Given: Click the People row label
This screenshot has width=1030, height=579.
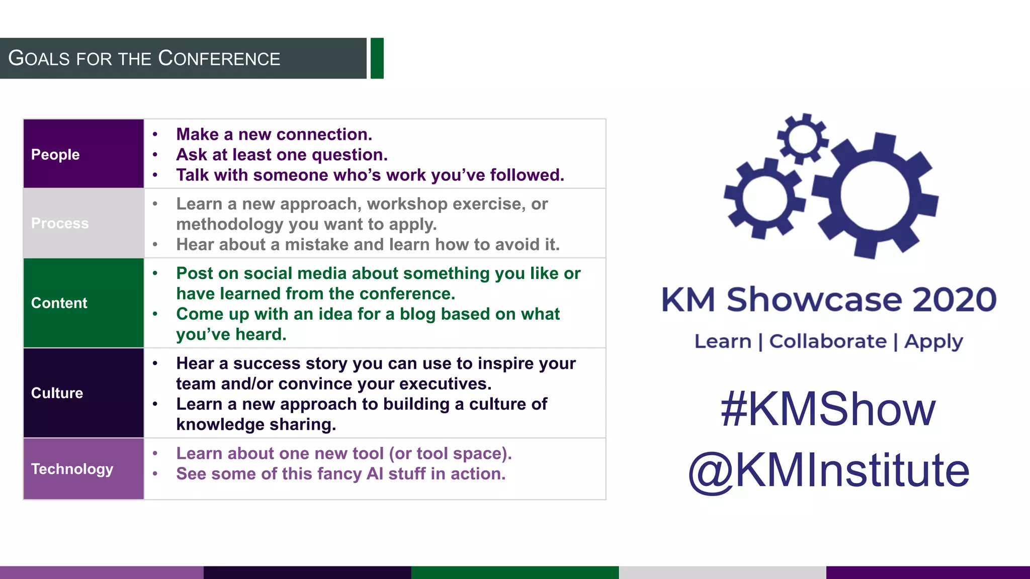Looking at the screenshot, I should pos(55,154).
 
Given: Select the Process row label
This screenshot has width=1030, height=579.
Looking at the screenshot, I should pos(60,223).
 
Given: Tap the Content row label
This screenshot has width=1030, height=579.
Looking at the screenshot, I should pos(59,303).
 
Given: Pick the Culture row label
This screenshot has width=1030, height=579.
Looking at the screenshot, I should pos(57,393).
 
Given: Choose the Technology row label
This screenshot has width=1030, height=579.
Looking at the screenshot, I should pos(72,469).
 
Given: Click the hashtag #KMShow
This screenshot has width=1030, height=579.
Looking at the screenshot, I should pos(828,409).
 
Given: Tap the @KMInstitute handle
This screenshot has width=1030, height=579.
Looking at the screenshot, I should pos(828,470).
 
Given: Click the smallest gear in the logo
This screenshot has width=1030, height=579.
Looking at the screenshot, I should pos(803,139).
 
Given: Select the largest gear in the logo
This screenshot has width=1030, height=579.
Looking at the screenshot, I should pos(875,196).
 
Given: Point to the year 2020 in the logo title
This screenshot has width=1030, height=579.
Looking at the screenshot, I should pos(954,300).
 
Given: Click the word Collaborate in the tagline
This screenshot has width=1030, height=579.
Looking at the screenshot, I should pos(828,341).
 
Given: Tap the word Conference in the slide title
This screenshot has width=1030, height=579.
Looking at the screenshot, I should pos(219,59).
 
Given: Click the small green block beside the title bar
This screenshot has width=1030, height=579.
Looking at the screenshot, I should pos(377,58).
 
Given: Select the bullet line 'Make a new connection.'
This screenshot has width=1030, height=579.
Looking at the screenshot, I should pos(274,134).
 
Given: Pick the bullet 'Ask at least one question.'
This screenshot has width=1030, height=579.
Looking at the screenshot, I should pos(282,155).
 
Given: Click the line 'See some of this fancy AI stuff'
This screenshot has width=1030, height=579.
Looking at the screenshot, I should pos(340,473).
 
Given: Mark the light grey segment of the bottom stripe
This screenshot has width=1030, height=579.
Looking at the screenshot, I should pos(722,572).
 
